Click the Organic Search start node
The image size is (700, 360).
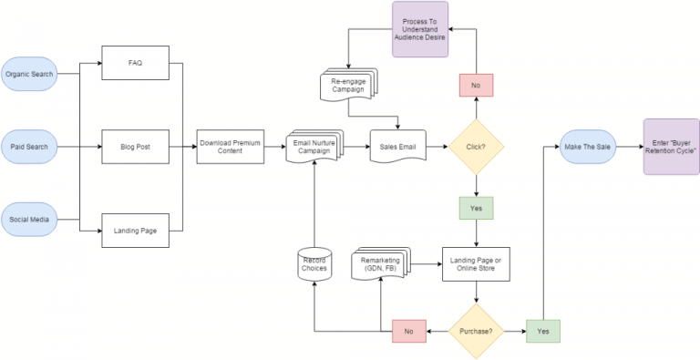point(30,74)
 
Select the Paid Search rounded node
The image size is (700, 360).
point(30,146)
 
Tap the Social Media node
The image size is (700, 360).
point(30,219)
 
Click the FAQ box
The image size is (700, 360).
point(136,63)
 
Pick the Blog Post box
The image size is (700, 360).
point(136,146)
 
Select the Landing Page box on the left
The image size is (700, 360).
point(136,231)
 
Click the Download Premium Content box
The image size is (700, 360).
point(231,146)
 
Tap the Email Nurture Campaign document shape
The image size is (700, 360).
point(314,146)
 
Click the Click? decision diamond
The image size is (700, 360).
point(476,146)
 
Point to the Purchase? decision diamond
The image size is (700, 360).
point(476,331)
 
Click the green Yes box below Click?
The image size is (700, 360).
point(476,208)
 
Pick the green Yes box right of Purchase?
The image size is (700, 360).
point(544,331)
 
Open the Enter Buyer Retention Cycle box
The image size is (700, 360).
point(672,146)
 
